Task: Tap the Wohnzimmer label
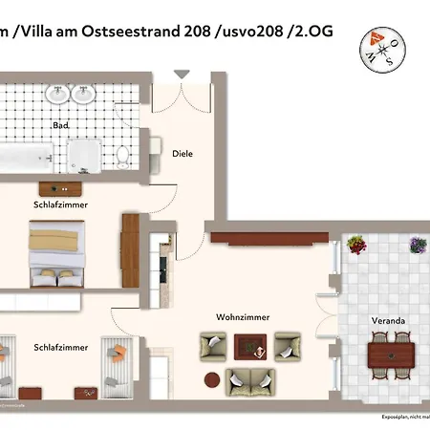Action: [x=243, y=316]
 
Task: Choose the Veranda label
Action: [x=388, y=320]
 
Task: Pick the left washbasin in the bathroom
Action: [x=59, y=94]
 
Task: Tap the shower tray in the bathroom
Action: [x=83, y=155]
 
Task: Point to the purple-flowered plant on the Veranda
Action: [x=418, y=245]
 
